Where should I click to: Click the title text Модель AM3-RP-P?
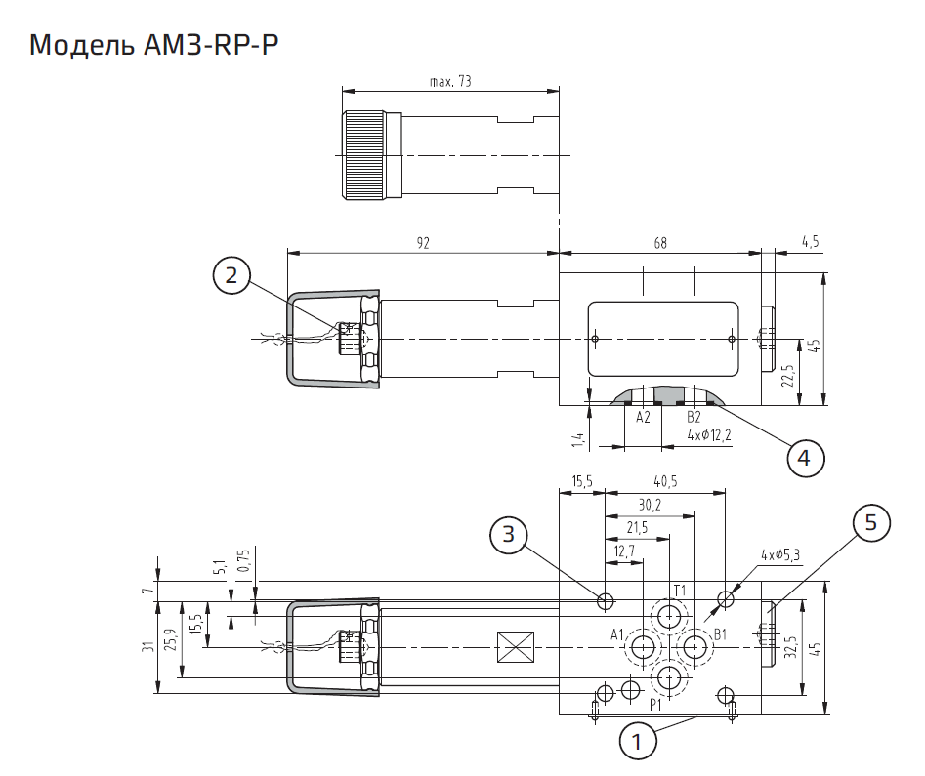pyautogui.click(x=147, y=45)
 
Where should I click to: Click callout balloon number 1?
pyautogui.click(x=637, y=741)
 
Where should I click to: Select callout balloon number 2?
pyautogui.click(x=231, y=276)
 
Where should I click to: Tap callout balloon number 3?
pyautogui.click(x=509, y=534)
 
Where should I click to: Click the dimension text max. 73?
pyautogui.click(x=450, y=82)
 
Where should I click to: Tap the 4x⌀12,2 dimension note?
pyautogui.click(x=709, y=434)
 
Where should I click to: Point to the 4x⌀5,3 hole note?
pyautogui.click(x=781, y=555)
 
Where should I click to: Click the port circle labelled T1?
pyautogui.click(x=669, y=616)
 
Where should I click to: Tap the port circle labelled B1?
pyautogui.click(x=695, y=646)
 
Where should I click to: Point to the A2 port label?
pyautogui.click(x=643, y=418)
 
